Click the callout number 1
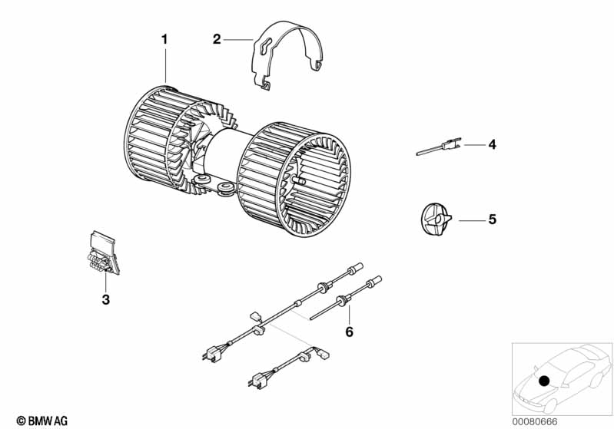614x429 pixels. click(x=164, y=38)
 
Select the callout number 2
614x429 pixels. click(x=217, y=39)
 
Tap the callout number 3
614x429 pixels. click(x=106, y=299)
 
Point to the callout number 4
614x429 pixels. click(x=492, y=144)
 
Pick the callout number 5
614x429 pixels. click(x=492, y=219)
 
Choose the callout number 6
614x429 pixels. click(x=349, y=332)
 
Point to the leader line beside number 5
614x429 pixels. click(x=470, y=219)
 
